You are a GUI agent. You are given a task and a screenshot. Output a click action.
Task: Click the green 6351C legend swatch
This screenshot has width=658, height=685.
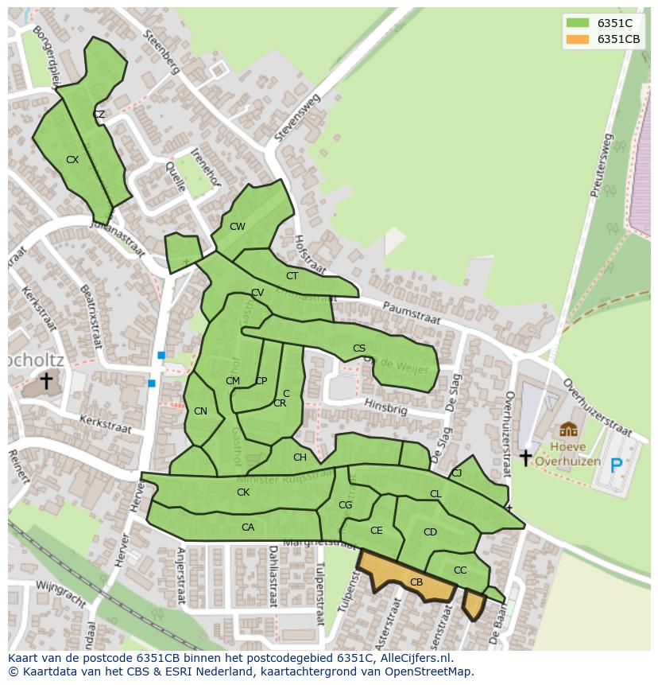(577, 23)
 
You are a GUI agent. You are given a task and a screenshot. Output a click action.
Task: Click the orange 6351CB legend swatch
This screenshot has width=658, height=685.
(577, 39)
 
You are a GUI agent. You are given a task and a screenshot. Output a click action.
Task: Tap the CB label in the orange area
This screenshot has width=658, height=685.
(416, 582)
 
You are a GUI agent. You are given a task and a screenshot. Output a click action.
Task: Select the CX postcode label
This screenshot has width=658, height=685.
(72, 160)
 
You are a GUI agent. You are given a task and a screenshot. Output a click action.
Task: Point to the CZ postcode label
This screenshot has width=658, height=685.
(99, 115)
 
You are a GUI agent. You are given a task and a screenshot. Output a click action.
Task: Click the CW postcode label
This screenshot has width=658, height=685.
(237, 227)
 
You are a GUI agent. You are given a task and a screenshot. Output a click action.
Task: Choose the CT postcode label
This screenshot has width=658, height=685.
(292, 276)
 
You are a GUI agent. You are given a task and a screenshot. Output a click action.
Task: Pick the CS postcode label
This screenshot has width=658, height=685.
(359, 348)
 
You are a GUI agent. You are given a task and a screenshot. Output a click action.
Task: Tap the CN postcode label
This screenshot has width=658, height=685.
(200, 411)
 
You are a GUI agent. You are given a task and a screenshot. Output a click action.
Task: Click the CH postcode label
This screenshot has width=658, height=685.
(300, 457)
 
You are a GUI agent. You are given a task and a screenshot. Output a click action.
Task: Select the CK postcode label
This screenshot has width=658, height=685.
(243, 492)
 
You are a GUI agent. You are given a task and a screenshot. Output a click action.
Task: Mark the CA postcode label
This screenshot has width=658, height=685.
(248, 527)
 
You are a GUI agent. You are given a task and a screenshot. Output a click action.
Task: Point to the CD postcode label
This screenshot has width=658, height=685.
(430, 532)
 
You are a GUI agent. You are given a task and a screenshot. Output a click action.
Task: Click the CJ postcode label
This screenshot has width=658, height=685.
(456, 473)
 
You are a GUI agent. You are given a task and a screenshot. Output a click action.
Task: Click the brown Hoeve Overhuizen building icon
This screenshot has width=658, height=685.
(568, 430)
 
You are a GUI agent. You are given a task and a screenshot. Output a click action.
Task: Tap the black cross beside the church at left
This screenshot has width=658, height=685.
(46, 381)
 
